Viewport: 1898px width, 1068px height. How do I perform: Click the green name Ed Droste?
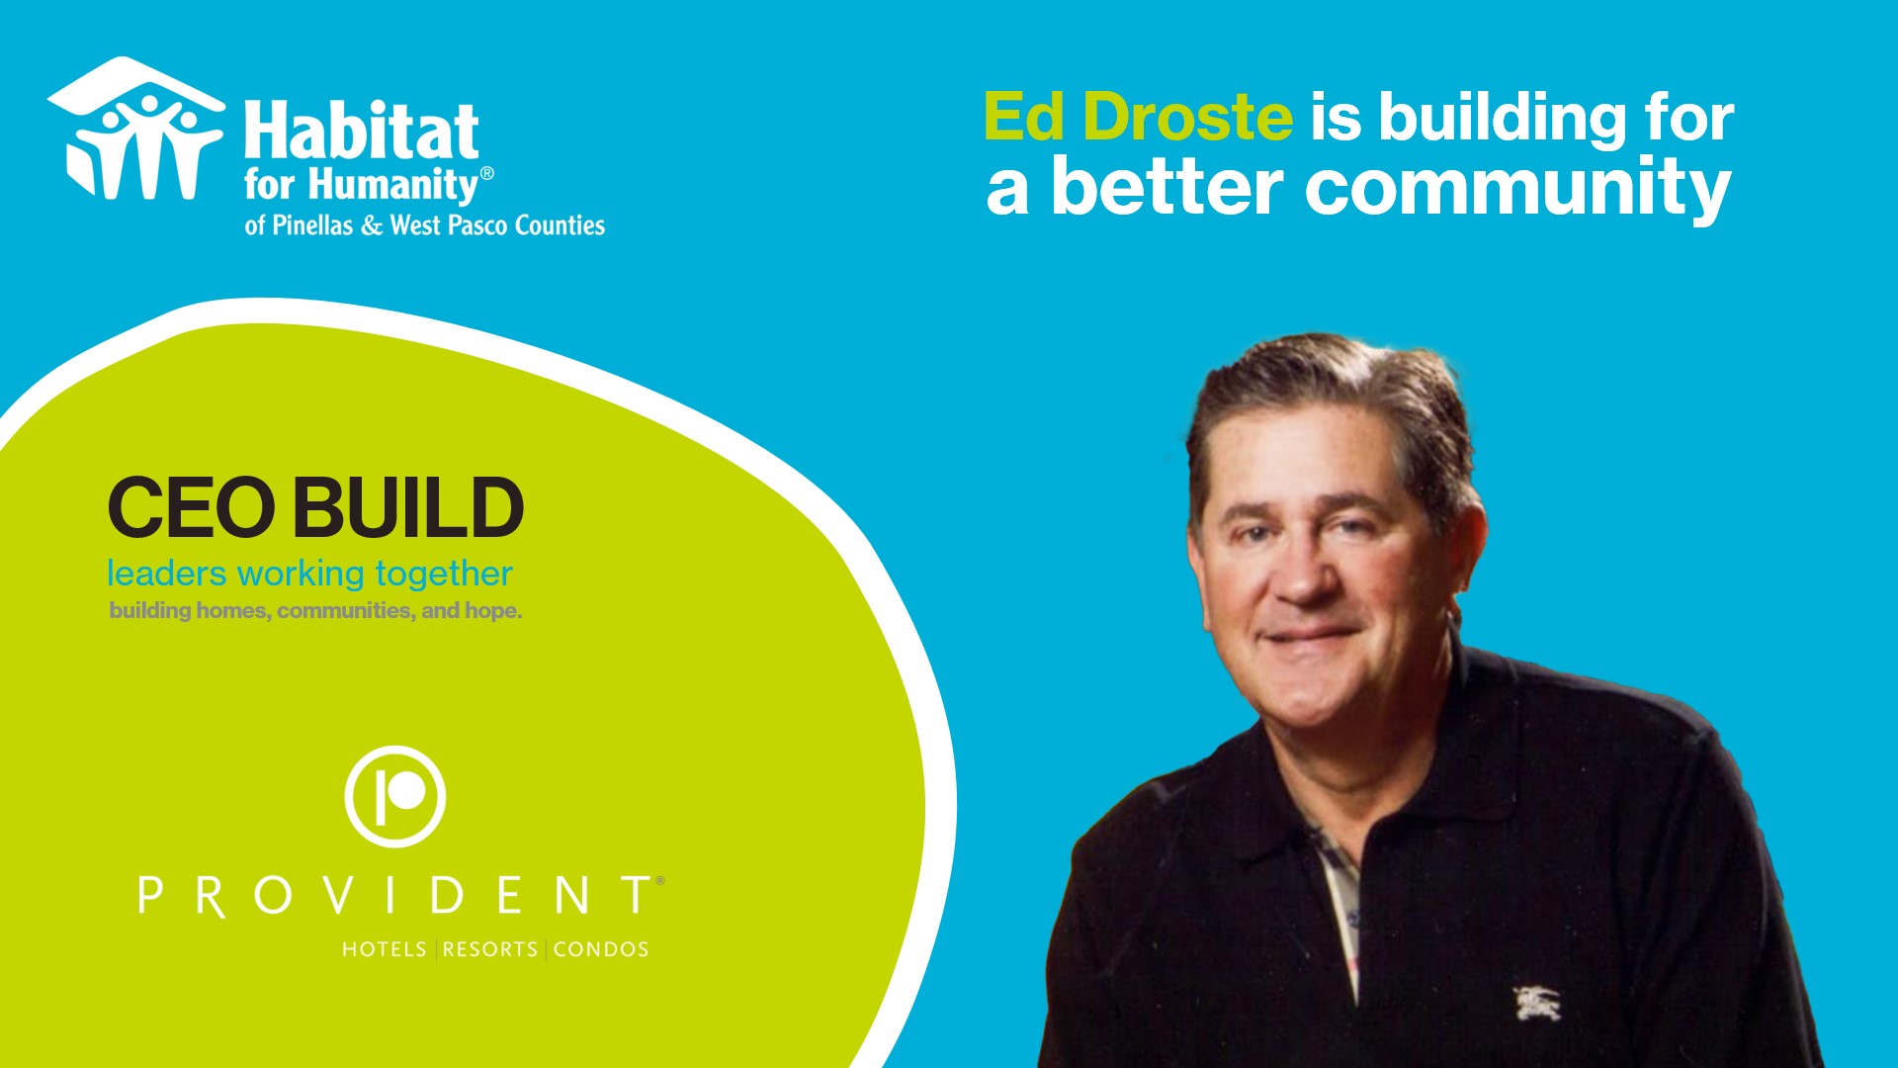(1138, 118)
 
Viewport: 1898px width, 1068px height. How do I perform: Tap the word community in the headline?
(1517, 187)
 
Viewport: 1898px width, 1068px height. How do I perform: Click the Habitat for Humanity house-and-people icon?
(136, 129)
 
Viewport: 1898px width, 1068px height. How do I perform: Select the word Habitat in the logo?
(362, 131)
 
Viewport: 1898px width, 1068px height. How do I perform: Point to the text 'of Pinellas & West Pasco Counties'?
(425, 225)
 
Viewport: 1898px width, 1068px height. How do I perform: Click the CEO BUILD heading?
(315, 507)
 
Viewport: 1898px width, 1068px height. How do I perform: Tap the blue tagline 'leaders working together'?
(309, 574)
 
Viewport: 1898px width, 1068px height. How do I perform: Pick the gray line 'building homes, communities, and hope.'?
(315, 610)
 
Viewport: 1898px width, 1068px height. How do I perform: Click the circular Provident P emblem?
(395, 796)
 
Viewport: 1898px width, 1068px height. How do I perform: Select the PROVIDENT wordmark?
(400, 896)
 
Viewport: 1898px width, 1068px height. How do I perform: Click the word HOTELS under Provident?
(385, 949)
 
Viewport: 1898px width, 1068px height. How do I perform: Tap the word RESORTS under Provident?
(490, 949)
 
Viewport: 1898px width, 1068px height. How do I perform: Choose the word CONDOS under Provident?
(601, 949)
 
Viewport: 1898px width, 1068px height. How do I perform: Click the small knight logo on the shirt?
(1537, 1003)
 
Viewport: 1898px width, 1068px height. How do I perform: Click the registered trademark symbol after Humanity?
(486, 173)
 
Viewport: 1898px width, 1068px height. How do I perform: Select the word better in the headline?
(1167, 187)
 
